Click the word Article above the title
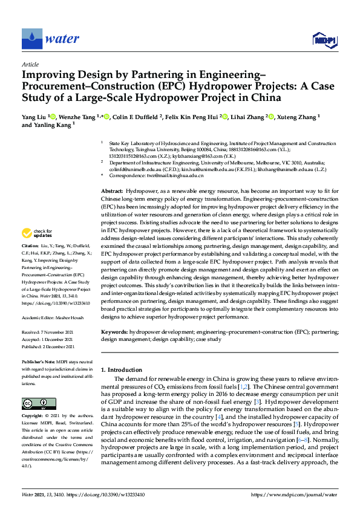tap(30, 64)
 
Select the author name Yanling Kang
tap(42, 125)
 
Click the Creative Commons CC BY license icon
tap(34, 403)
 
